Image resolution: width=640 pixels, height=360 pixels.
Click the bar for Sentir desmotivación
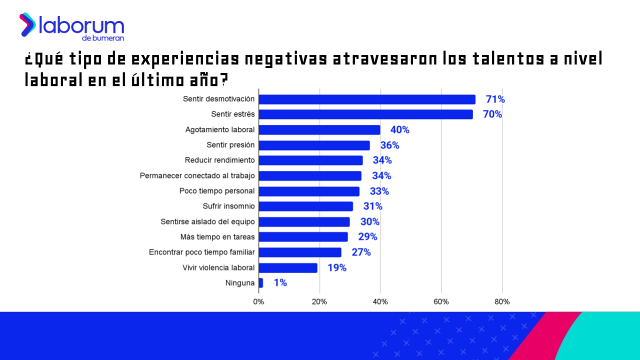(x=366, y=99)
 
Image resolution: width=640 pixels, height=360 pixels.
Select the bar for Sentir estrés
(x=365, y=114)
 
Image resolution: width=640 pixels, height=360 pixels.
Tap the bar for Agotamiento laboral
(x=319, y=130)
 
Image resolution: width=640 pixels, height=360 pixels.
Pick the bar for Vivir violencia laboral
(x=287, y=268)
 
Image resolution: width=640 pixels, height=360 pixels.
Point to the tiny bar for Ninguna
(x=260, y=283)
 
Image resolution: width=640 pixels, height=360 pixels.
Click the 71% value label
(x=495, y=99)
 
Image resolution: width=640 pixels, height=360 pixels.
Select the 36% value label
(x=389, y=145)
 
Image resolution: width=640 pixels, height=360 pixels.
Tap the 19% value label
(x=336, y=268)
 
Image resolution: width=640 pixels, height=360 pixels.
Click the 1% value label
(x=280, y=283)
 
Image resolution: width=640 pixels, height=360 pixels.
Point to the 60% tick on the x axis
(x=441, y=302)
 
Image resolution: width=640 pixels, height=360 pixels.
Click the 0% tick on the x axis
(x=258, y=302)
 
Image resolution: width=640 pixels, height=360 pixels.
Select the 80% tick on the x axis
(x=502, y=302)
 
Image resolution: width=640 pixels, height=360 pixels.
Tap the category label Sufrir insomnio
(x=228, y=206)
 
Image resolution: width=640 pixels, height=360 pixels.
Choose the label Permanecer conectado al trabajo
(x=197, y=176)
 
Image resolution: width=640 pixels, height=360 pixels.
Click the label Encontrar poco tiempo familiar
(x=201, y=252)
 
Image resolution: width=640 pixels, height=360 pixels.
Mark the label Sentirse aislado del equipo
(x=207, y=222)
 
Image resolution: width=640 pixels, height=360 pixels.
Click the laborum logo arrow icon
(x=27, y=24)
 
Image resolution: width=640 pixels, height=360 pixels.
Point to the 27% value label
(x=361, y=252)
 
